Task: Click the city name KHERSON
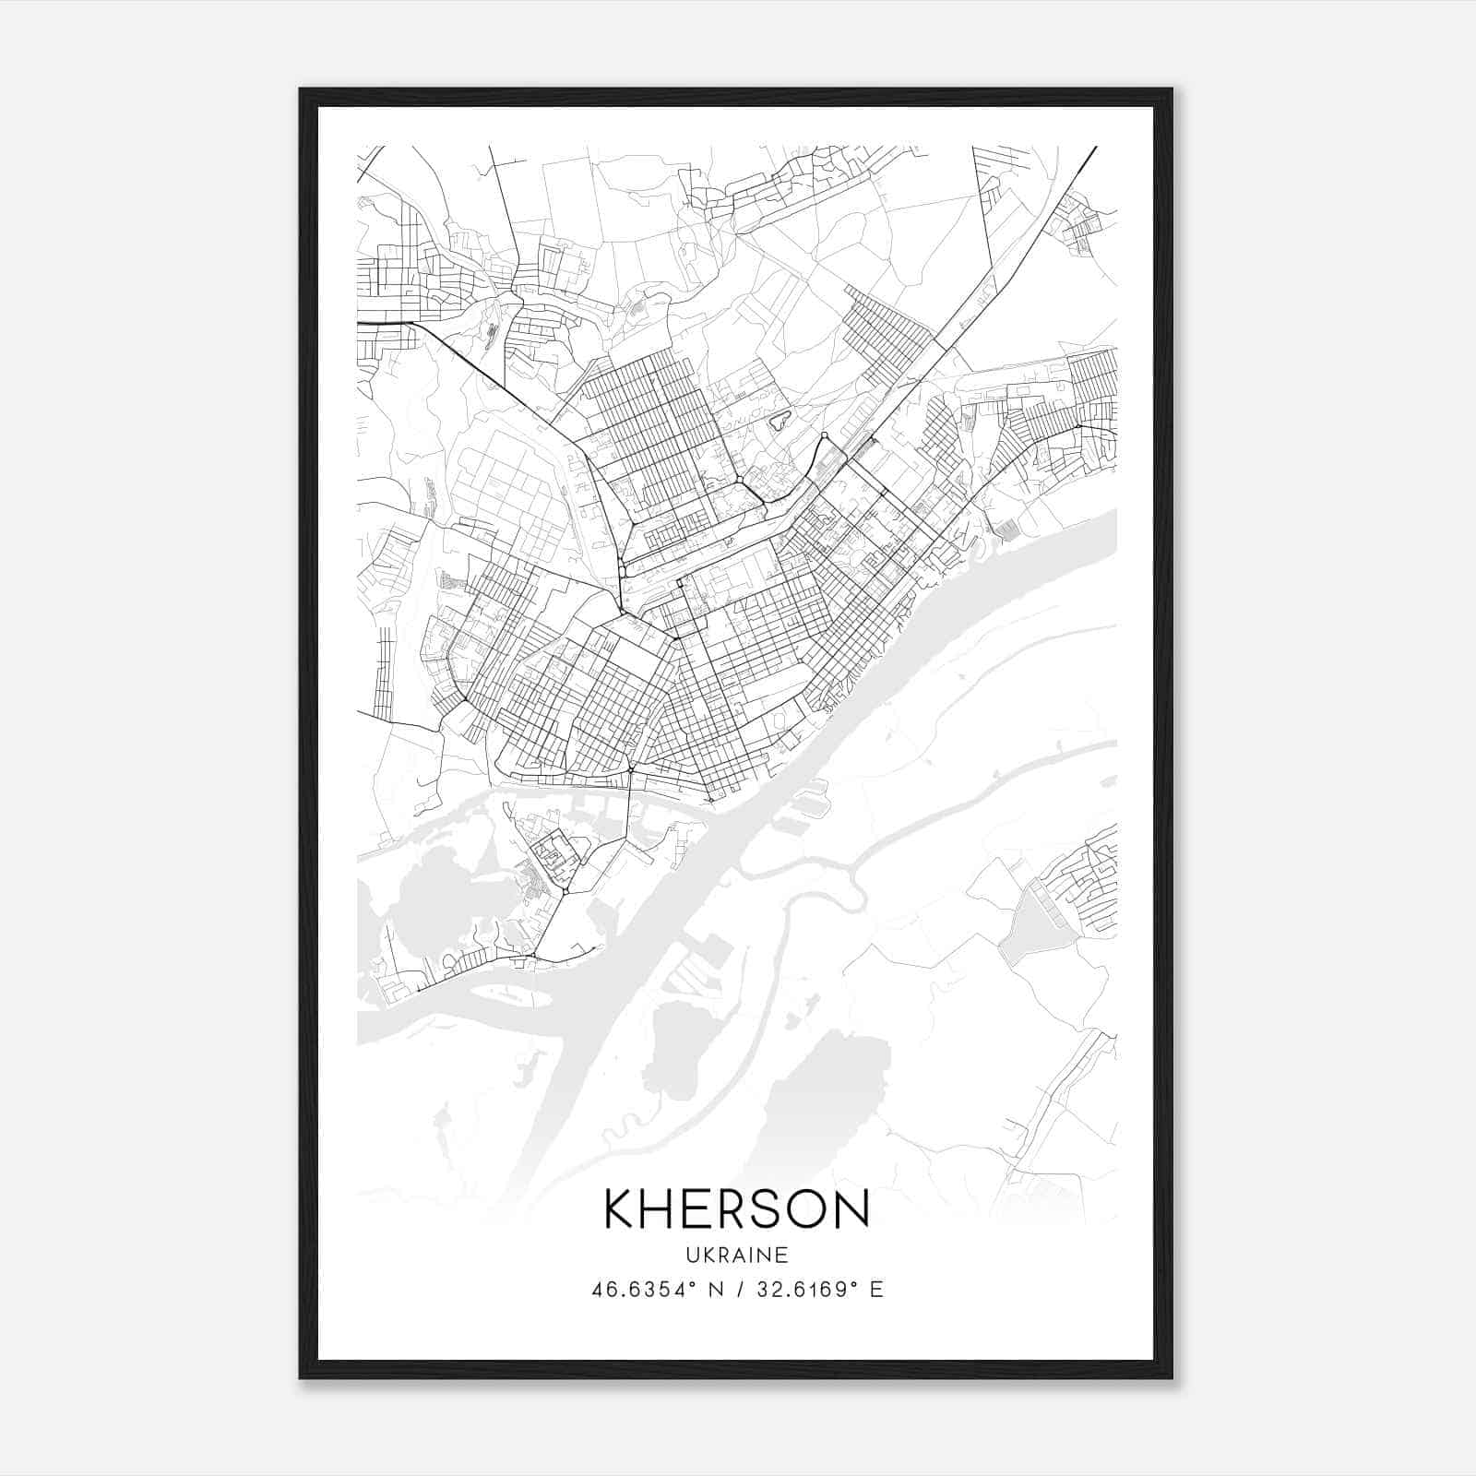736,1209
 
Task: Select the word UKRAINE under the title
736,1255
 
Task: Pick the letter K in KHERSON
619,1209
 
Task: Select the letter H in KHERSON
657,1209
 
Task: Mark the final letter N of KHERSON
853,1209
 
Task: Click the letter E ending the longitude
876,1290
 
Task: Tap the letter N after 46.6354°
713,1290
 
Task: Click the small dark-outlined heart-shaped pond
780,420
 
